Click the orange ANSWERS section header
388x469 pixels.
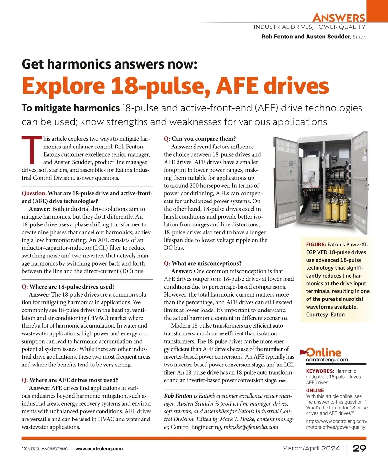tap(339, 17)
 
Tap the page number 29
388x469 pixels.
tap(359, 448)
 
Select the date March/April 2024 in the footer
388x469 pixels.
tap(311, 448)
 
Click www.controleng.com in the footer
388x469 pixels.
tap(99, 449)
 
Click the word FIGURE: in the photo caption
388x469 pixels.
tap(316, 245)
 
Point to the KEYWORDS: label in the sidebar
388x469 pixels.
tap(320, 371)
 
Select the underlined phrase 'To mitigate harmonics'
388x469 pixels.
tap(70, 108)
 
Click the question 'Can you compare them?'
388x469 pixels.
tap(204, 139)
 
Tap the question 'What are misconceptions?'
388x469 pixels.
tap(207, 263)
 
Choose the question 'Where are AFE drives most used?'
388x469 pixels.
tap(74, 380)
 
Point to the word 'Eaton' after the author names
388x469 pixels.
tap(359, 37)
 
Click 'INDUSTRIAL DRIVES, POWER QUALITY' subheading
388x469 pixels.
tap(309, 27)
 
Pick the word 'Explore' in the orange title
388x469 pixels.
tap(63, 86)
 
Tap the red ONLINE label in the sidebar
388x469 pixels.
tap(315, 390)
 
